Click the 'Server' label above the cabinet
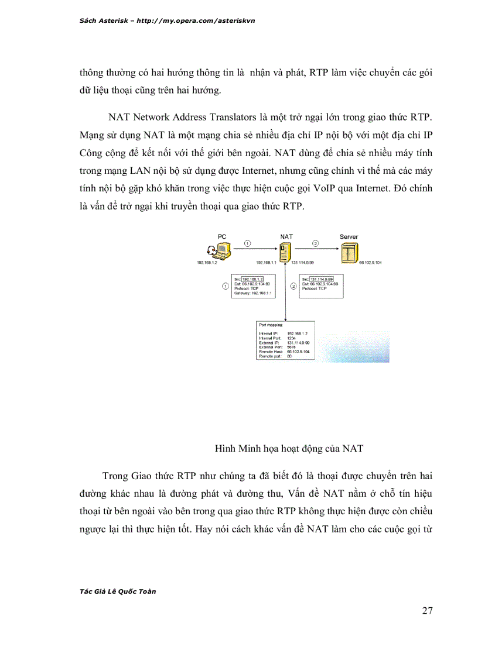tap(349, 237)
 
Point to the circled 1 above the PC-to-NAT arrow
tap(248, 243)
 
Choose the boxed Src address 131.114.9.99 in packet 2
tap(322, 279)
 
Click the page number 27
tap(427, 611)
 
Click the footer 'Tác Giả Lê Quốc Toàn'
tap(117, 591)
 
